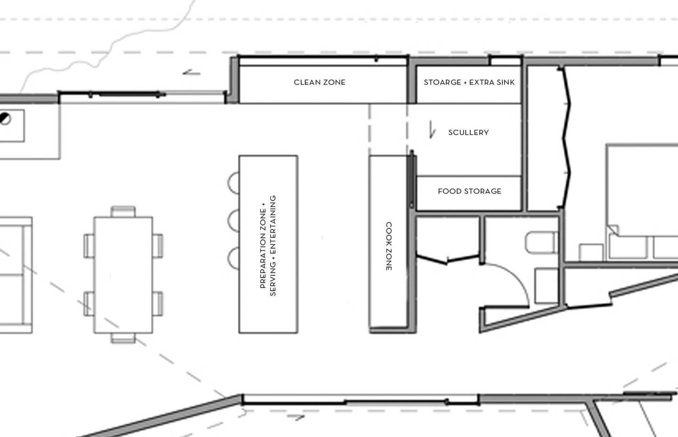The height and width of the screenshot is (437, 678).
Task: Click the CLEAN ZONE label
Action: [320, 82]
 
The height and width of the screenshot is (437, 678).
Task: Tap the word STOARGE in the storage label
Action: [443, 82]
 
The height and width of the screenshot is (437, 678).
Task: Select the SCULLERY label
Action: [468, 132]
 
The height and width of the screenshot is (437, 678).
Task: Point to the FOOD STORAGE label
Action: [470, 191]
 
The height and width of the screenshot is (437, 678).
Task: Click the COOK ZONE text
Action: [389, 246]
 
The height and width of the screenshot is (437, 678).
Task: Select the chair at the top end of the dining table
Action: [123, 211]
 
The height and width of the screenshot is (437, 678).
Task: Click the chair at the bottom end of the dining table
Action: [123, 338]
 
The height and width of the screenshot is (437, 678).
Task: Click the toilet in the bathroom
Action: [542, 243]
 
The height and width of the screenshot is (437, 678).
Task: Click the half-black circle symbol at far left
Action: [5, 119]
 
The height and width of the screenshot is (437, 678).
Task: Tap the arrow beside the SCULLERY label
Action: [432, 130]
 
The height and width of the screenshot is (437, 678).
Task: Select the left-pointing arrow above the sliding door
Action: [191, 73]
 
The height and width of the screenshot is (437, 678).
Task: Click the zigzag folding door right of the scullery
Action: [566, 138]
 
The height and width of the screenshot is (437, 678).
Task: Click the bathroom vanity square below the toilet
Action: [546, 286]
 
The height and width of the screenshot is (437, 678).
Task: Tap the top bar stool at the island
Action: [234, 183]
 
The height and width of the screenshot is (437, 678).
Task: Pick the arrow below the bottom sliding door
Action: [296, 417]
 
